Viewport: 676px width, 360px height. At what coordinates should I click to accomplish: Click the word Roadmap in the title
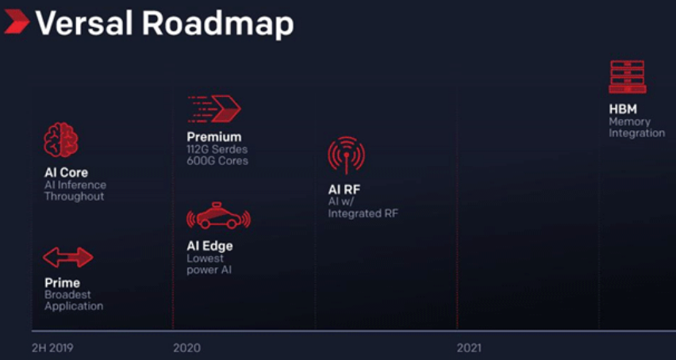coord(217,24)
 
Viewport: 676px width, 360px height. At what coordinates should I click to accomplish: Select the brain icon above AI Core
coord(61,140)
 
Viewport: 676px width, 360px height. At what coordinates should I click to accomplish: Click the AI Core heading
coord(66,173)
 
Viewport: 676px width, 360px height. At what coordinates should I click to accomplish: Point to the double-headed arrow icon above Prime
coord(67,258)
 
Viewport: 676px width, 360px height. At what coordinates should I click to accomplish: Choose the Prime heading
coord(62,283)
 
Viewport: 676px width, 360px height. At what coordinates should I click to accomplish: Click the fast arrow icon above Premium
coord(214,109)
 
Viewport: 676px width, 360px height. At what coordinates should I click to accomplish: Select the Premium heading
coord(214,137)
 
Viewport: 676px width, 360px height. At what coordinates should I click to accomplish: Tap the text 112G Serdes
coord(217,149)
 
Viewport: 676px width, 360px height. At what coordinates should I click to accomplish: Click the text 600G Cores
coord(217,161)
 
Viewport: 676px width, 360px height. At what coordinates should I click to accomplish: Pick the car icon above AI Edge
coord(218,216)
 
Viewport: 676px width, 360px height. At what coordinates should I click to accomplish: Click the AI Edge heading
coord(209,247)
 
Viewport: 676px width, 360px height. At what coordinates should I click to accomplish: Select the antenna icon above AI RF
coord(346,155)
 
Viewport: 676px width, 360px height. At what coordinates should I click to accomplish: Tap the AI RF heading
coord(344,190)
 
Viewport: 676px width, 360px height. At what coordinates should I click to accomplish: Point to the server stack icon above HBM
coord(627,77)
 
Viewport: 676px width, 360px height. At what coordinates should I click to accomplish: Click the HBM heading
coord(623,109)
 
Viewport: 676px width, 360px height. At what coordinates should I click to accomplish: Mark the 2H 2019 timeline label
coord(52,348)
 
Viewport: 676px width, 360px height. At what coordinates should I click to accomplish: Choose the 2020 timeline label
coord(186,348)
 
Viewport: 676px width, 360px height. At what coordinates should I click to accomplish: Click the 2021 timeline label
coord(469,348)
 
